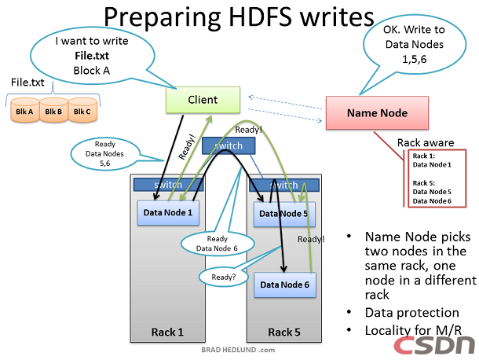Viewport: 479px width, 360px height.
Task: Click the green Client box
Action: point(203,100)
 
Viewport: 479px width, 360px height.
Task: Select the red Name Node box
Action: point(377,113)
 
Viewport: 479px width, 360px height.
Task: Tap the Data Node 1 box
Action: point(167,211)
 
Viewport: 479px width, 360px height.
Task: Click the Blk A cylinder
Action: point(24,112)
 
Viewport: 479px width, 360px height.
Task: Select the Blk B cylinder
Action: point(53,112)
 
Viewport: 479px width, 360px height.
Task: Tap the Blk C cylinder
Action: point(82,112)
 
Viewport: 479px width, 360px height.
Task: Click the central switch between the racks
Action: point(228,145)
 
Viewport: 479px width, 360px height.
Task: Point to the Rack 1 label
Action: point(167,332)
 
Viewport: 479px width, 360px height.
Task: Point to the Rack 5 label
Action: point(284,332)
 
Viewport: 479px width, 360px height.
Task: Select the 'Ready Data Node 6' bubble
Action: point(218,243)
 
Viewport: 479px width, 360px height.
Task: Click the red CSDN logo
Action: point(434,344)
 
